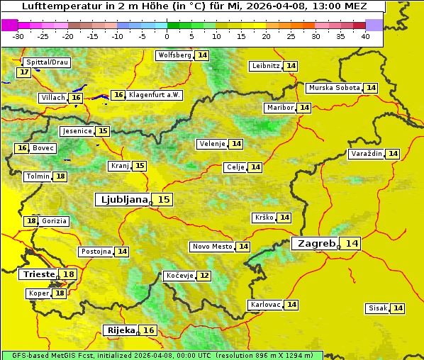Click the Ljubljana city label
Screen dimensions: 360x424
tap(122, 200)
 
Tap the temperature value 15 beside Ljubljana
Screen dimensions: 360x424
tap(164, 200)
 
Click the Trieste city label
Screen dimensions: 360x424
tap(40, 274)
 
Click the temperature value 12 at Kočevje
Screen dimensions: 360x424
tap(204, 276)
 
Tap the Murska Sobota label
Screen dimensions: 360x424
tap(334, 88)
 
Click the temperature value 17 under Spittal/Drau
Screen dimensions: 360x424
tap(24, 72)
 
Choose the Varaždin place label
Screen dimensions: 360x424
tap(367, 154)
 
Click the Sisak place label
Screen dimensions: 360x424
tap(377, 308)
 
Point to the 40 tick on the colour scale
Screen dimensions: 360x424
tap(365, 36)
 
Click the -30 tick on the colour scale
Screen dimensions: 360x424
tap(18, 36)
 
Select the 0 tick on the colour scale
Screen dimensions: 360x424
tap(167, 36)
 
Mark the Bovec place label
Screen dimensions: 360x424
tap(43, 148)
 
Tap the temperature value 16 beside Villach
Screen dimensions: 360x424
tap(77, 98)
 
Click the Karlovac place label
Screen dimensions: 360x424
tap(266, 305)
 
